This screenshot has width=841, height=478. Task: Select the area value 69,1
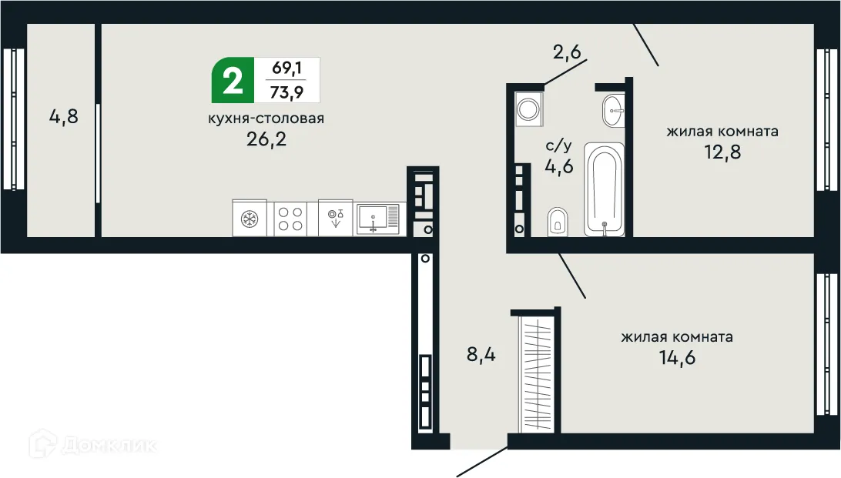pyautogui.click(x=286, y=69)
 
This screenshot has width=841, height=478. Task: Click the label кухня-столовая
pyautogui.click(x=266, y=119)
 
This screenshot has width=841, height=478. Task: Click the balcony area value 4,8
pyautogui.click(x=64, y=118)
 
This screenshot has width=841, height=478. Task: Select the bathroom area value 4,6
pyautogui.click(x=559, y=166)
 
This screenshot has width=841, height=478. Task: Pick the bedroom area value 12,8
pyautogui.click(x=722, y=151)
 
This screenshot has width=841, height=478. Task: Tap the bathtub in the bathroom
pyautogui.click(x=603, y=189)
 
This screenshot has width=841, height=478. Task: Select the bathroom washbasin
pyautogui.click(x=613, y=111)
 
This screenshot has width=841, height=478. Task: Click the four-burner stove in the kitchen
pyautogui.click(x=290, y=218)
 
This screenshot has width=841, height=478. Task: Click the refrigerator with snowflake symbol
pyautogui.click(x=249, y=218)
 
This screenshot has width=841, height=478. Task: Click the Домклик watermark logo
pyautogui.click(x=93, y=444)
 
